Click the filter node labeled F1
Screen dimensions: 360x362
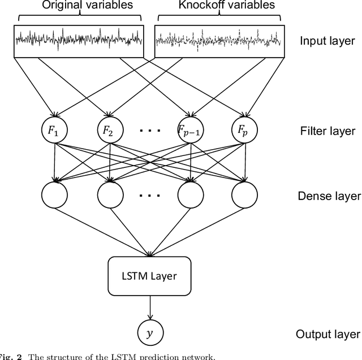pyautogui.click(x=55, y=131)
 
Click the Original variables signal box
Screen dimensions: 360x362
pyautogui.click(x=79, y=39)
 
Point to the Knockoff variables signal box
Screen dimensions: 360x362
pyautogui.click(x=218, y=39)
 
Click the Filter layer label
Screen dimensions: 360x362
pyautogui.click(x=328, y=131)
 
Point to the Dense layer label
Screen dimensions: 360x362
pyautogui.click(x=329, y=196)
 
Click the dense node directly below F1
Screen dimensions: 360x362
pyautogui.click(x=55, y=196)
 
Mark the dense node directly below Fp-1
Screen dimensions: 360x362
pyautogui.click(x=191, y=196)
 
